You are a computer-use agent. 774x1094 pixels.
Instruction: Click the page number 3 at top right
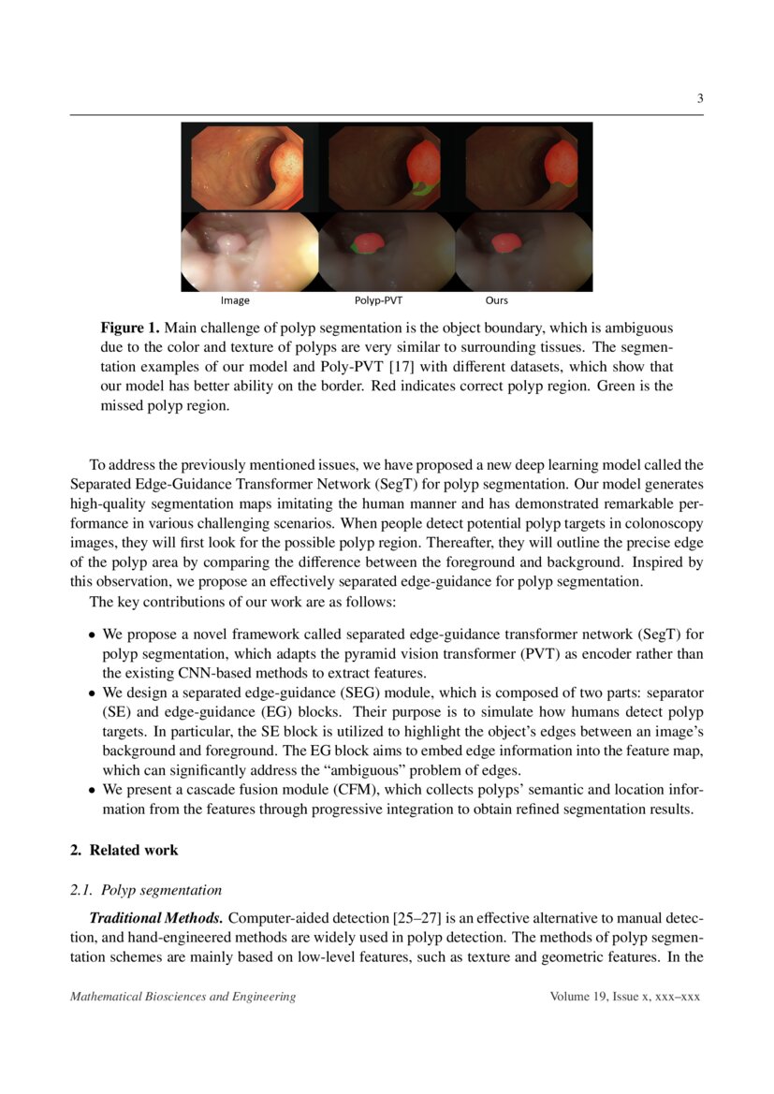[x=699, y=99]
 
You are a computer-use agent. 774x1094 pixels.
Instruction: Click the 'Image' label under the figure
[x=235, y=300]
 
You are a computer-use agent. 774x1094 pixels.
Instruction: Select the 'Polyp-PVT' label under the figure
[x=378, y=300]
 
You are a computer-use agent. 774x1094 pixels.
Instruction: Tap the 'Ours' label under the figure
[x=496, y=300]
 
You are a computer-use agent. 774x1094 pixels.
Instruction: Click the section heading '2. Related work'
[x=124, y=850]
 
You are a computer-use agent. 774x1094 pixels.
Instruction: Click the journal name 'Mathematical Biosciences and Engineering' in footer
[x=183, y=997]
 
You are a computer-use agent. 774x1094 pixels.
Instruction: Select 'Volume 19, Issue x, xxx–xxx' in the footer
[x=625, y=997]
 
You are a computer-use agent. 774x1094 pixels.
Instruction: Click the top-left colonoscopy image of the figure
[x=249, y=166]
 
